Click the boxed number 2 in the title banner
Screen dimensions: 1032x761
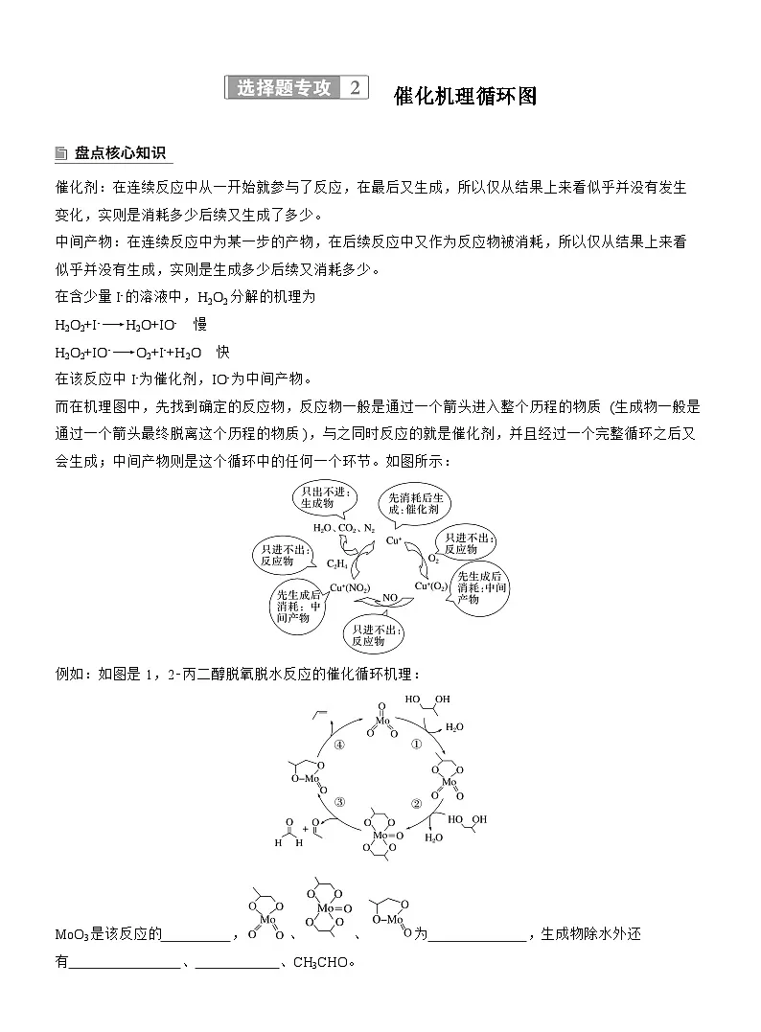click(x=355, y=88)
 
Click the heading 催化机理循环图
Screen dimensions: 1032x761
click(x=464, y=96)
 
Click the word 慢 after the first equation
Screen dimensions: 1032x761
click(x=200, y=324)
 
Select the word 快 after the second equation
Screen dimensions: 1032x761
click(x=222, y=351)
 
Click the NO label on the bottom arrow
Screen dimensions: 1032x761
click(x=389, y=597)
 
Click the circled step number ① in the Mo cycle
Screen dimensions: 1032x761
click(x=416, y=744)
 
